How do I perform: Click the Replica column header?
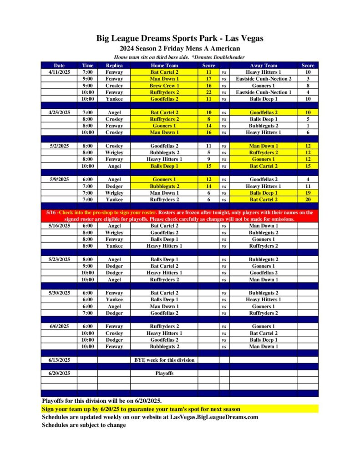[x=114, y=66]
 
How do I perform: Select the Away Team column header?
[x=263, y=66]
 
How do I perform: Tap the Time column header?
[x=87, y=66]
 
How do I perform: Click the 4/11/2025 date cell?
[x=59, y=72]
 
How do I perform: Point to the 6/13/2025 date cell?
[x=59, y=360]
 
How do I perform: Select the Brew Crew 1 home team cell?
[x=164, y=86]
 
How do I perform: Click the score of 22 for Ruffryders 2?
[x=208, y=92]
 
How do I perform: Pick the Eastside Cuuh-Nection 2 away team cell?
[x=264, y=79]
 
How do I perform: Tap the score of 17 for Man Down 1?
[x=208, y=79]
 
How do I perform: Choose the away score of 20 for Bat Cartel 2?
[x=308, y=199]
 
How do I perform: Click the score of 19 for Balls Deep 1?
[x=308, y=193]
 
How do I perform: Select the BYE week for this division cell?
[x=164, y=360]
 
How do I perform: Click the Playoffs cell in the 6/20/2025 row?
[x=164, y=373]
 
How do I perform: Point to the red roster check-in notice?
[x=179, y=216]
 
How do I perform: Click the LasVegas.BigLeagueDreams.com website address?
[x=214, y=417]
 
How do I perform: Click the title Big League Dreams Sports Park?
[x=180, y=38]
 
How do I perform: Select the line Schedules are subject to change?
[x=84, y=425]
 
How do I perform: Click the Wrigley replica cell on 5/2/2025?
[x=114, y=152]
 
